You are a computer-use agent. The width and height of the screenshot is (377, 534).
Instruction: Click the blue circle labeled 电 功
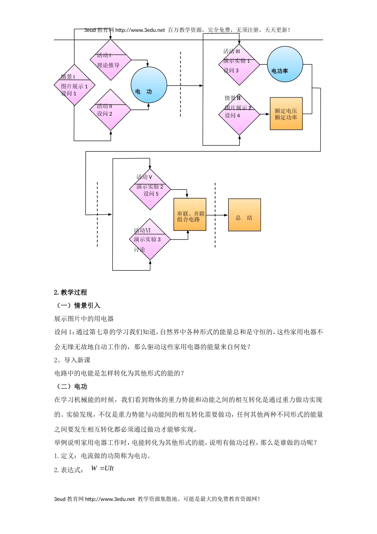pyautogui.click(x=149, y=85)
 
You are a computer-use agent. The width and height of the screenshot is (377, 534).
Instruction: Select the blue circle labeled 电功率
pyautogui.click(x=285, y=64)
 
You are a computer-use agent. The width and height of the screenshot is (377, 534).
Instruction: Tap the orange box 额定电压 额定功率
pyautogui.click(x=286, y=114)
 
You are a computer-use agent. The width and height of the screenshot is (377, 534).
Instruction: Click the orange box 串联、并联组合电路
pyautogui.click(x=190, y=215)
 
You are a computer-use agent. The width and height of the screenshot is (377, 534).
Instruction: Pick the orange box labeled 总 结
pyautogui.click(x=244, y=215)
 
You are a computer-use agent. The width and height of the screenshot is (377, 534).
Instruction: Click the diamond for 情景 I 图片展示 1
pyautogui.click(x=74, y=85)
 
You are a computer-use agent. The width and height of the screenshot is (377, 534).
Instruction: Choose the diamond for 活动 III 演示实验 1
pyautogui.click(x=239, y=64)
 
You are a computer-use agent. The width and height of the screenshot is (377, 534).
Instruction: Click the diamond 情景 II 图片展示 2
pyautogui.click(x=239, y=114)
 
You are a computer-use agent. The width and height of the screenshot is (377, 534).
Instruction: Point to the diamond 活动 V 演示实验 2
pyautogui.click(x=150, y=189)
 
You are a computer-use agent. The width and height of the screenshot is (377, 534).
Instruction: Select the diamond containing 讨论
pyautogui.click(x=150, y=240)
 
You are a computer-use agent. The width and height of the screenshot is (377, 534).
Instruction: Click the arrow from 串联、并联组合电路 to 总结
pyautogui.click(x=217, y=215)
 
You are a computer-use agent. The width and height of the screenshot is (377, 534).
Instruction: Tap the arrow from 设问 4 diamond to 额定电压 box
pyautogui.click(x=265, y=114)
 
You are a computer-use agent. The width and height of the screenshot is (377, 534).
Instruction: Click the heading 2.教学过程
pyautogui.click(x=71, y=292)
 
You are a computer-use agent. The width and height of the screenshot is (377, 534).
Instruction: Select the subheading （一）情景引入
pyautogui.click(x=77, y=306)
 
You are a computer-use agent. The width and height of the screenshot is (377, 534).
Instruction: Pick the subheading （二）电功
pyautogui.click(x=71, y=387)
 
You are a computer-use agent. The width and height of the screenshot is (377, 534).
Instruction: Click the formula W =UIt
pyautogui.click(x=102, y=468)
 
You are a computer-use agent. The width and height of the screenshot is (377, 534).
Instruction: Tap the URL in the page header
pyautogui.click(x=140, y=30)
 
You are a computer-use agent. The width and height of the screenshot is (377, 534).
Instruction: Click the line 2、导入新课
pyautogui.click(x=72, y=360)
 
